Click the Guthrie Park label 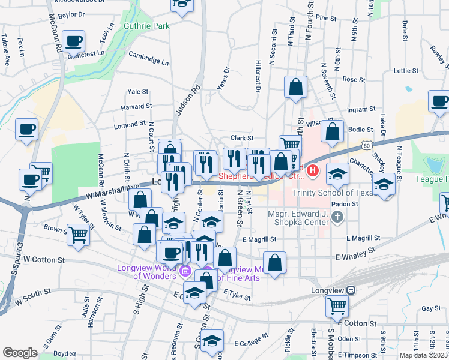tap(146, 26)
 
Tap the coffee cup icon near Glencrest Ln tap(74, 41)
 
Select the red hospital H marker tap(313, 172)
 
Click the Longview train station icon tap(351, 291)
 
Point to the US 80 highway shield tap(366, 145)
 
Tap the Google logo tap(20, 353)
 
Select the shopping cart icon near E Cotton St tap(337, 306)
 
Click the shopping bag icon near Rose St tap(296, 87)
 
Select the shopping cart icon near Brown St tap(78, 235)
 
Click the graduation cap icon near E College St tap(212, 340)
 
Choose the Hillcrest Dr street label tap(257, 76)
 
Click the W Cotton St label tap(44, 260)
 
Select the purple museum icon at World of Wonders tap(184, 274)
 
